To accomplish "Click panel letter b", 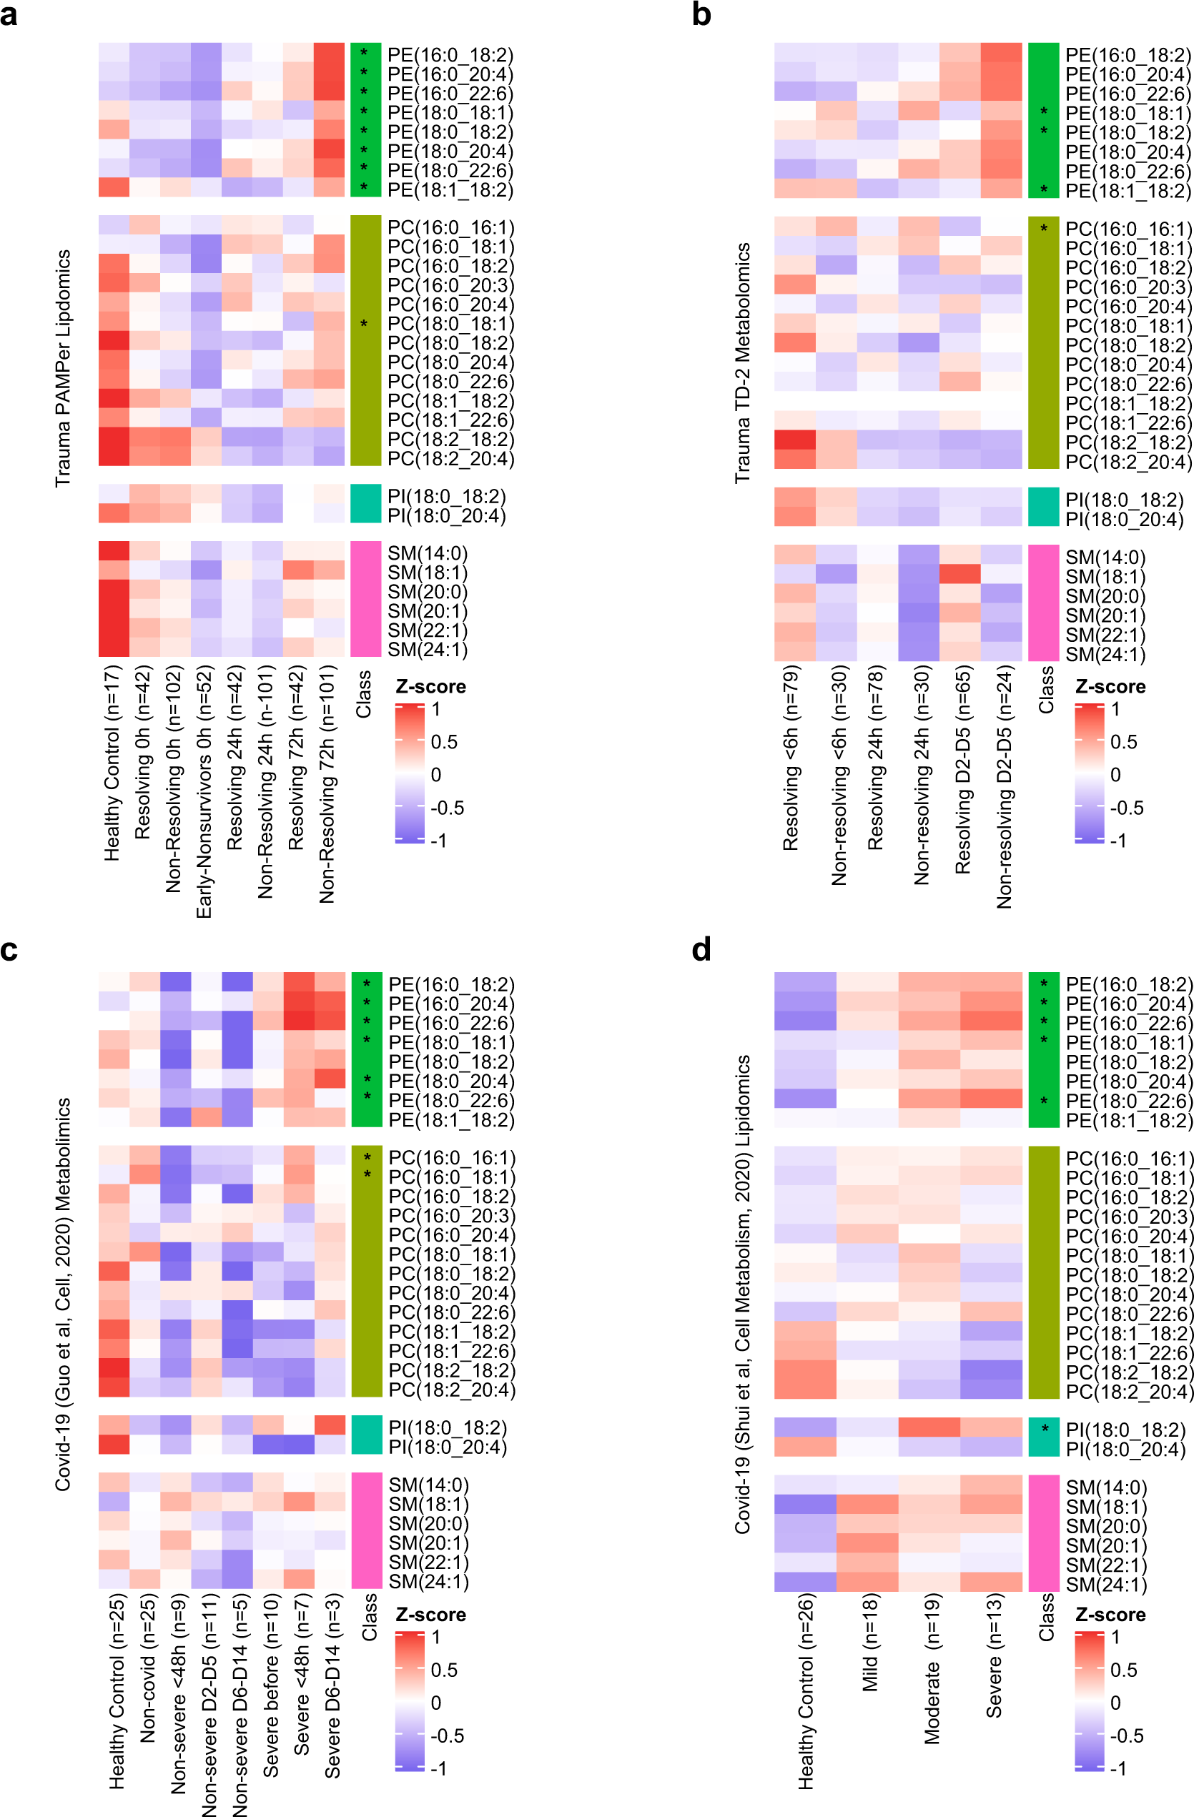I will [x=701, y=14].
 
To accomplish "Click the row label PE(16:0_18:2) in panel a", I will [x=450, y=55].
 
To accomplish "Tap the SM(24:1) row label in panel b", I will [x=1105, y=654].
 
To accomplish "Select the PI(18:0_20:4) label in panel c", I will [x=448, y=1446].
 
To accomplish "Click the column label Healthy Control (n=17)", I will [x=112, y=763].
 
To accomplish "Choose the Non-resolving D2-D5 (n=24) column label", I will [x=1004, y=786].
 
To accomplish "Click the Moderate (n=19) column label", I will [x=932, y=1669].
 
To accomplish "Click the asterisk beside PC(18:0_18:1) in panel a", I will [x=364, y=325].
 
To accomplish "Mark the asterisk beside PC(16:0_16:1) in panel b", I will [x=1044, y=228].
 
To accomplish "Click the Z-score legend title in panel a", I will [x=430, y=686].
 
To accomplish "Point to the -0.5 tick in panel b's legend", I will [x=1126, y=808].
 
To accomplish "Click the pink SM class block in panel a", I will [x=365, y=599].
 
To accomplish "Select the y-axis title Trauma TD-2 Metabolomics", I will [x=742, y=362].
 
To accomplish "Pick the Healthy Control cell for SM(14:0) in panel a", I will [x=114, y=551].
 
